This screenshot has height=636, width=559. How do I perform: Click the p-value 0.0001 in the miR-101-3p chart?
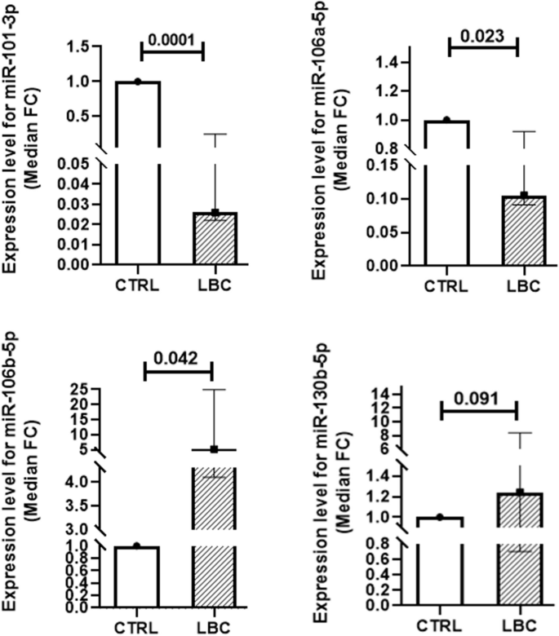[x=172, y=36]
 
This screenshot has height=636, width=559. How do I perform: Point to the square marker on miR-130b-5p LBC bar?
[x=520, y=492]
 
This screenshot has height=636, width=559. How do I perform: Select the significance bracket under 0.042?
[x=178, y=372]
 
